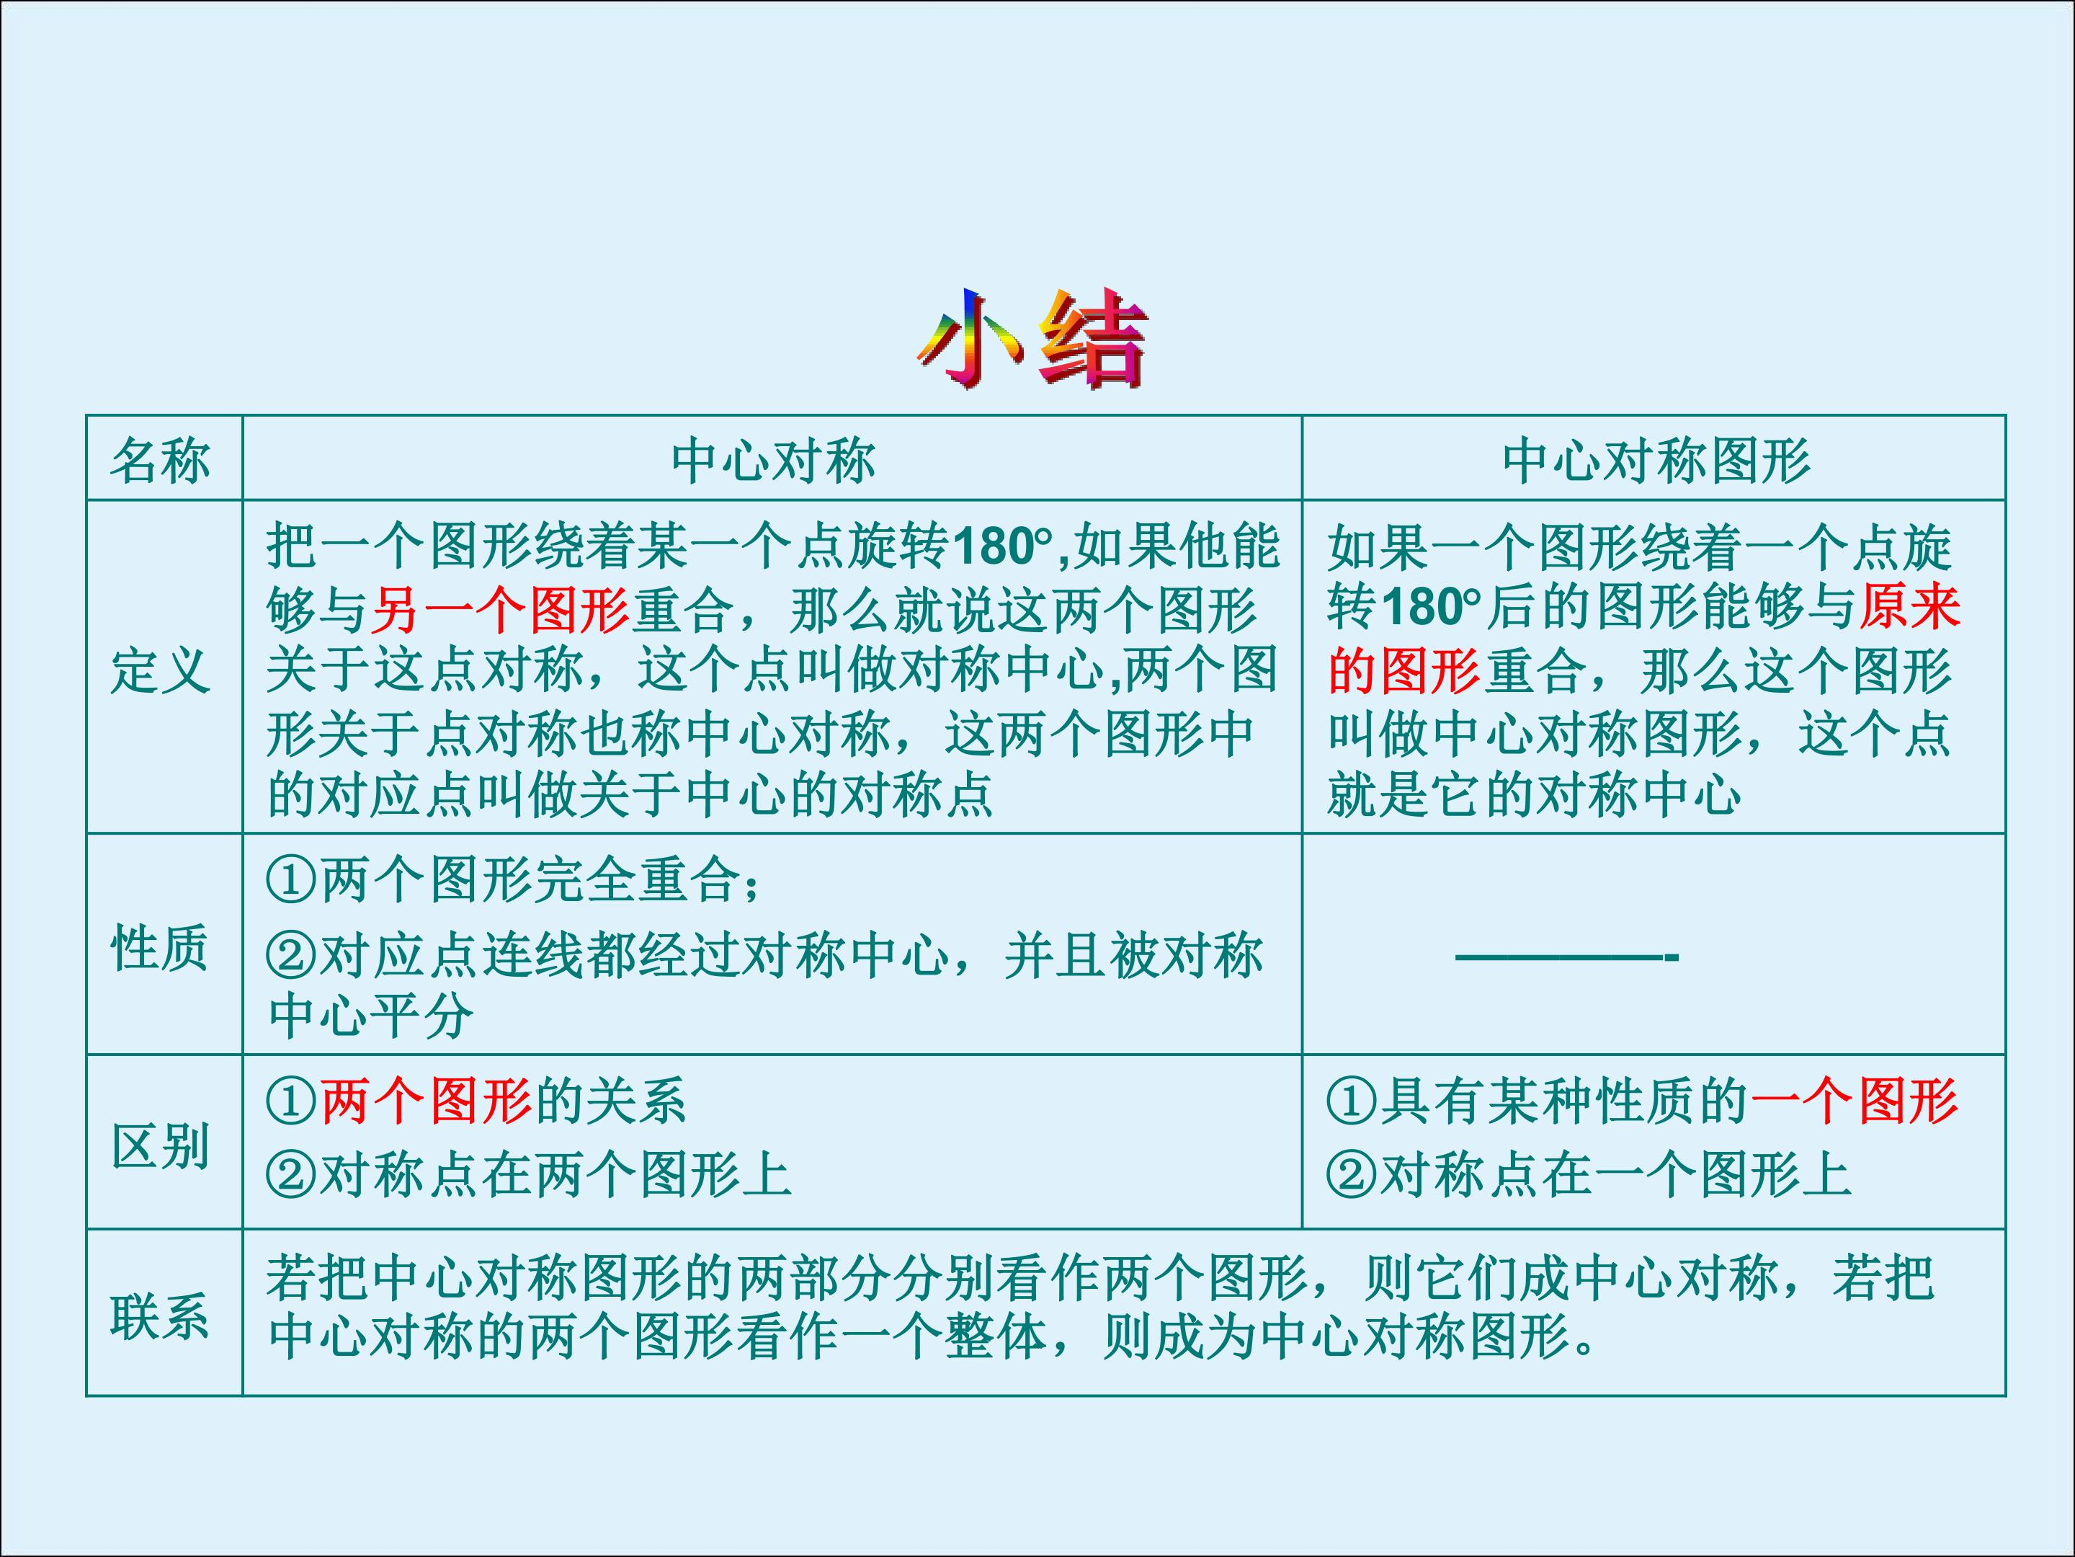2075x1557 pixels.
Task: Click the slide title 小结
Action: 1032,340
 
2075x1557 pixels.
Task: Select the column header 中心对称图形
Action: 1656,461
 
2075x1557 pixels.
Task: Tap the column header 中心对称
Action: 773,461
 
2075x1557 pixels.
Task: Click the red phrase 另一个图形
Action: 500,610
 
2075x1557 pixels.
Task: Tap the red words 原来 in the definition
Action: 1910,606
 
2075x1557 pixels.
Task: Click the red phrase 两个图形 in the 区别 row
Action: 426,1101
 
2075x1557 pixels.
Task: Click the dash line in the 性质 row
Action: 1566,957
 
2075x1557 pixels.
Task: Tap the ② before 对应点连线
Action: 291,957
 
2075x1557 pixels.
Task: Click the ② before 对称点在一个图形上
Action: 1351,1175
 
